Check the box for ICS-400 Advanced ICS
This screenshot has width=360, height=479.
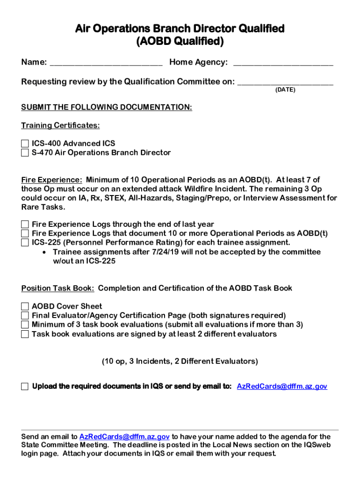(25, 144)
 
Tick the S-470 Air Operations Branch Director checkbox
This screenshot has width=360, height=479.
(25, 153)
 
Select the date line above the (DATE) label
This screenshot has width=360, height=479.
(285, 82)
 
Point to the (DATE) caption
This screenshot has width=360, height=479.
(285, 90)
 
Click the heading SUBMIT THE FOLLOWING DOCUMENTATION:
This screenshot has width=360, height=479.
(107, 108)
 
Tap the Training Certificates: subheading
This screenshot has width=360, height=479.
(60, 126)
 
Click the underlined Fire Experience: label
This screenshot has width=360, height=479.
(52, 180)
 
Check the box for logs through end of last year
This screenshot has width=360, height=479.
(25, 225)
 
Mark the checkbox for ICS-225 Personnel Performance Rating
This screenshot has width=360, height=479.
(25, 243)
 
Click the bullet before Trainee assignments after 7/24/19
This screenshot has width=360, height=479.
(43, 252)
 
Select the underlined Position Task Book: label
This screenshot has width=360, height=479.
(58, 288)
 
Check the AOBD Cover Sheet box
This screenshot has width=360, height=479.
(25, 306)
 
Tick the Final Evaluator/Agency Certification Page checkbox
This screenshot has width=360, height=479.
(25, 316)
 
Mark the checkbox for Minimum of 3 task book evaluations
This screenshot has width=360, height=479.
(25, 325)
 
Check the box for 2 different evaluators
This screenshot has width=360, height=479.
(25, 334)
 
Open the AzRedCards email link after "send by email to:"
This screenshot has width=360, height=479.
(282, 386)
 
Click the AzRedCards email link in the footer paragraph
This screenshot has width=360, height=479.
(125, 437)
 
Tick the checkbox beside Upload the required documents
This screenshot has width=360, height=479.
(25, 386)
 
